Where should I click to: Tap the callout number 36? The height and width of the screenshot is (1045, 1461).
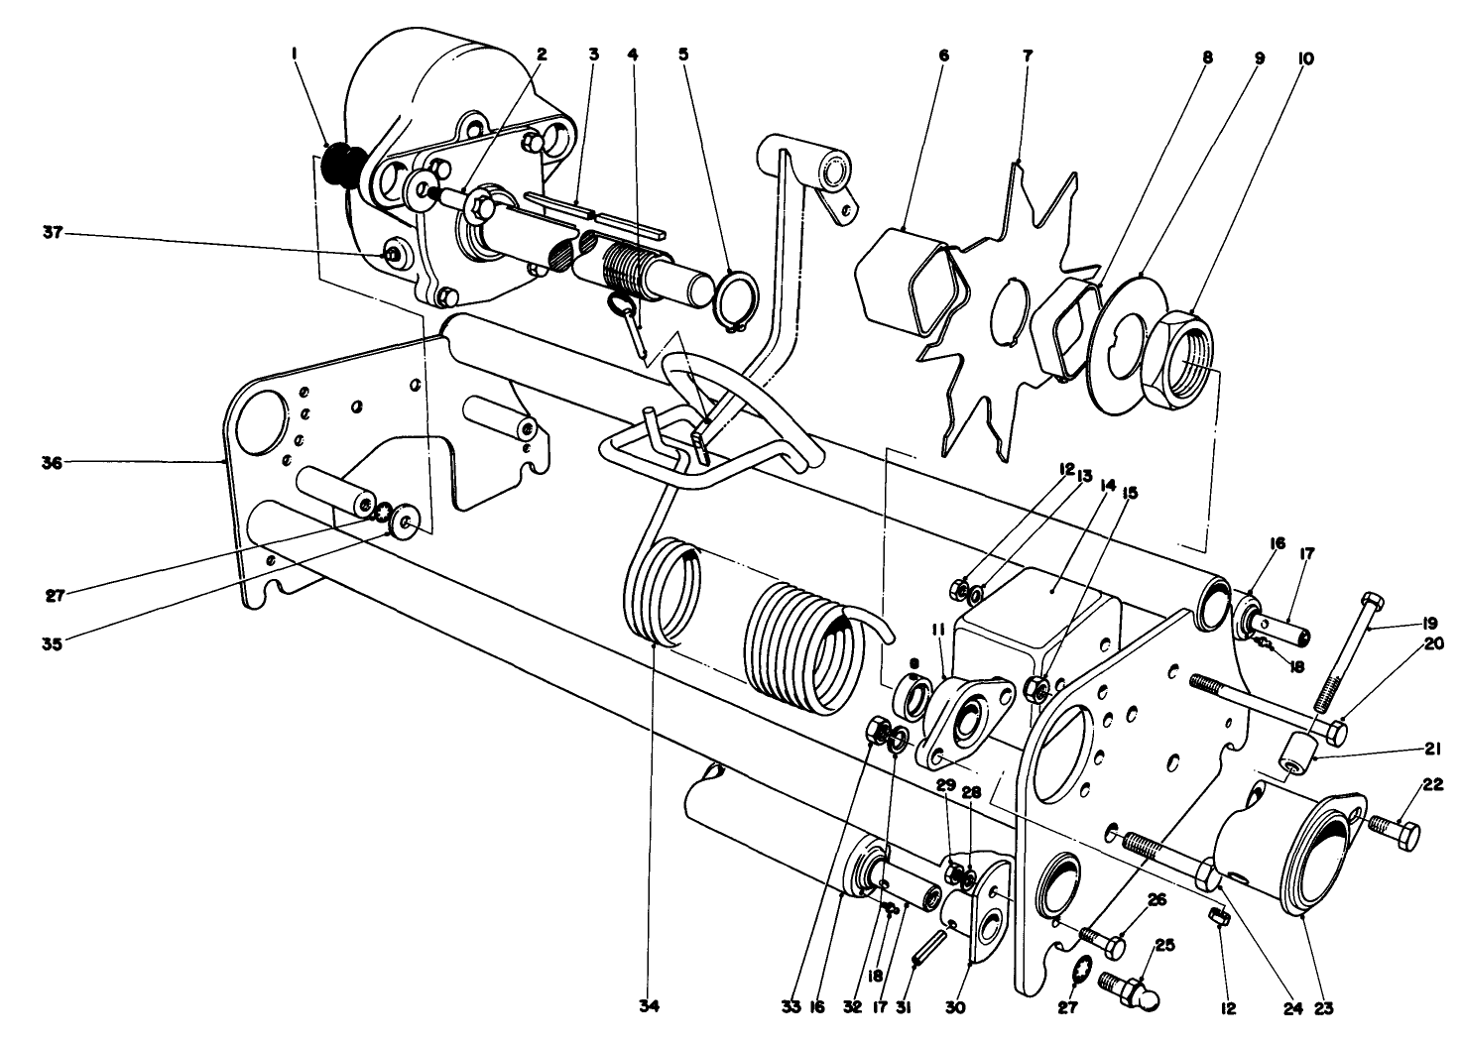[x=53, y=462]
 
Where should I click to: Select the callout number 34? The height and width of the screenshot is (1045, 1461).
[x=650, y=1006]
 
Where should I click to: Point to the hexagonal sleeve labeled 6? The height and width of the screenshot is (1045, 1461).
[x=907, y=278]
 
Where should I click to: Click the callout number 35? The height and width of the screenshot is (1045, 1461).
[x=52, y=642]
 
